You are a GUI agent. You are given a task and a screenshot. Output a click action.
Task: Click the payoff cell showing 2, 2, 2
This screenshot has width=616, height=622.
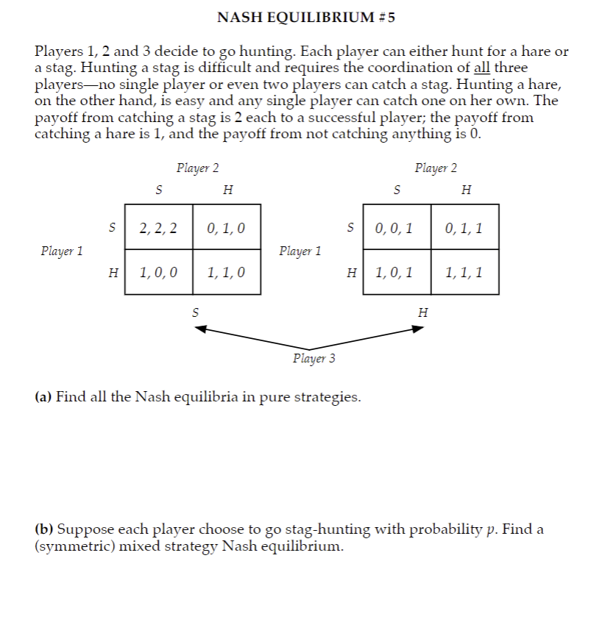(x=158, y=227)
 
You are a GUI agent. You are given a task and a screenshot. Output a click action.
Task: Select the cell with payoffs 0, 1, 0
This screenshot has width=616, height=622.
(x=226, y=227)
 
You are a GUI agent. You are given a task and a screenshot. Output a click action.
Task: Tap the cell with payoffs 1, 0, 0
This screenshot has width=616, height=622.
(x=158, y=273)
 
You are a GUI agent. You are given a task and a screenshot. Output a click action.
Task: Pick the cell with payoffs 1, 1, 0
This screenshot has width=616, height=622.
(x=226, y=273)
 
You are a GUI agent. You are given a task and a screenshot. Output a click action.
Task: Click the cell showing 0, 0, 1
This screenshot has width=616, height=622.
(x=397, y=227)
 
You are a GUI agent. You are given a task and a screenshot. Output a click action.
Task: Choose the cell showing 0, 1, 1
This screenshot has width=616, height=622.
(x=464, y=227)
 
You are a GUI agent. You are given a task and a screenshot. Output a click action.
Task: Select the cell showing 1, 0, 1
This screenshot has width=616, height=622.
(x=397, y=273)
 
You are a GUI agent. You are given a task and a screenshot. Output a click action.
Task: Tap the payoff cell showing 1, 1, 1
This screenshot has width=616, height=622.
(x=464, y=273)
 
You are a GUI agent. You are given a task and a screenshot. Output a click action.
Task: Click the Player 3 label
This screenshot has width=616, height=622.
(x=314, y=359)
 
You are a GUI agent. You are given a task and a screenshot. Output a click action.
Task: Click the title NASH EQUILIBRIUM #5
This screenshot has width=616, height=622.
(x=307, y=18)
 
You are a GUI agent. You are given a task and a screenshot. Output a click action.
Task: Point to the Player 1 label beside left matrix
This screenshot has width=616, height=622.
(x=62, y=251)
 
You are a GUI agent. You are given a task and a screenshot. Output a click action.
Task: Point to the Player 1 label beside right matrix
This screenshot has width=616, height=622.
(x=300, y=251)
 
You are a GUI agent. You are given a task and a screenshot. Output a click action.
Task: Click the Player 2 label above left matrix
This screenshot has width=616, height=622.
(x=197, y=168)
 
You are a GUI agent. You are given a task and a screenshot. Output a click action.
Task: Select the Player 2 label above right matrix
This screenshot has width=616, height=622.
(x=436, y=168)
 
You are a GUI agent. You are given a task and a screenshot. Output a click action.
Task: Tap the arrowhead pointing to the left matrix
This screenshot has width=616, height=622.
(x=199, y=329)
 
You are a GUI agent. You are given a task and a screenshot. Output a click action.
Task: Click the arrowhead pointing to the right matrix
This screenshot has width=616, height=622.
(x=419, y=329)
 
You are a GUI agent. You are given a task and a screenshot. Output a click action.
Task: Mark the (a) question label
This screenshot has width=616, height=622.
(x=43, y=398)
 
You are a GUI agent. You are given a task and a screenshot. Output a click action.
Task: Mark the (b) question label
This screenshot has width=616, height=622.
(x=43, y=529)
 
